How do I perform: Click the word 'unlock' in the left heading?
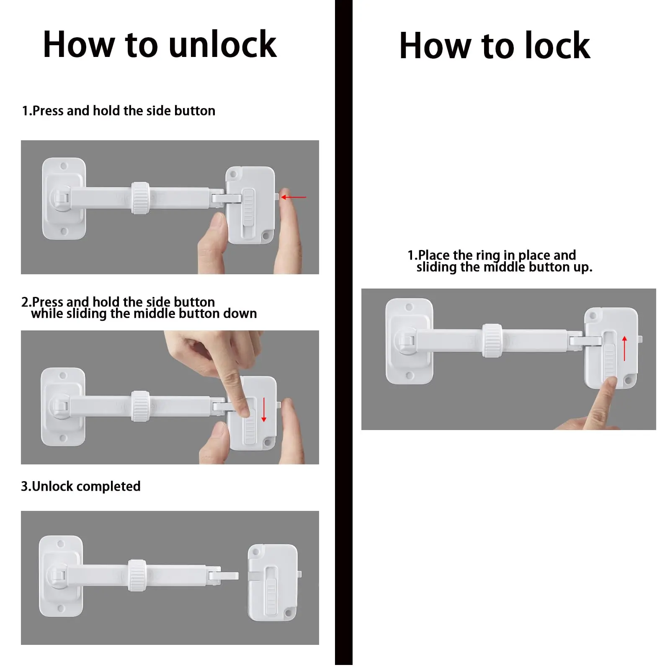(x=222, y=45)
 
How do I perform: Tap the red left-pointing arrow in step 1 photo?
(x=294, y=197)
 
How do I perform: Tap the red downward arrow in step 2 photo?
(x=264, y=410)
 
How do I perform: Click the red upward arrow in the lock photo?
(x=624, y=348)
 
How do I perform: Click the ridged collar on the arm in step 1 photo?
(x=140, y=198)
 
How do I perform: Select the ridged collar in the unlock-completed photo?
(x=137, y=575)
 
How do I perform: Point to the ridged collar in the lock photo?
(x=492, y=340)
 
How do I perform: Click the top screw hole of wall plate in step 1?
(x=64, y=166)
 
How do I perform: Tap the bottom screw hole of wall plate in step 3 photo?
(x=61, y=608)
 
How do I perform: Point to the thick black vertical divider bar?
(x=343, y=335)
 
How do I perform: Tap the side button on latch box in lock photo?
(x=639, y=338)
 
